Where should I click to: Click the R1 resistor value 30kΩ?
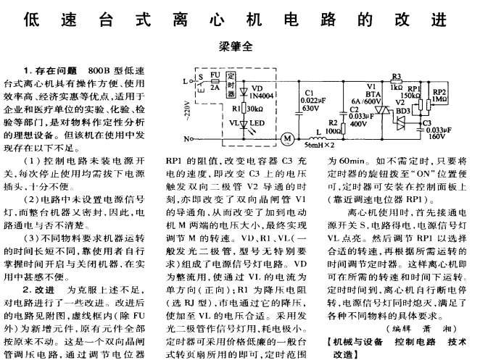[252, 106]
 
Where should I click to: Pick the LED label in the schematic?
[257, 124]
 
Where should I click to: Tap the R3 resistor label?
[396, 75]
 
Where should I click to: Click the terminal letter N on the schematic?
[187, 138]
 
